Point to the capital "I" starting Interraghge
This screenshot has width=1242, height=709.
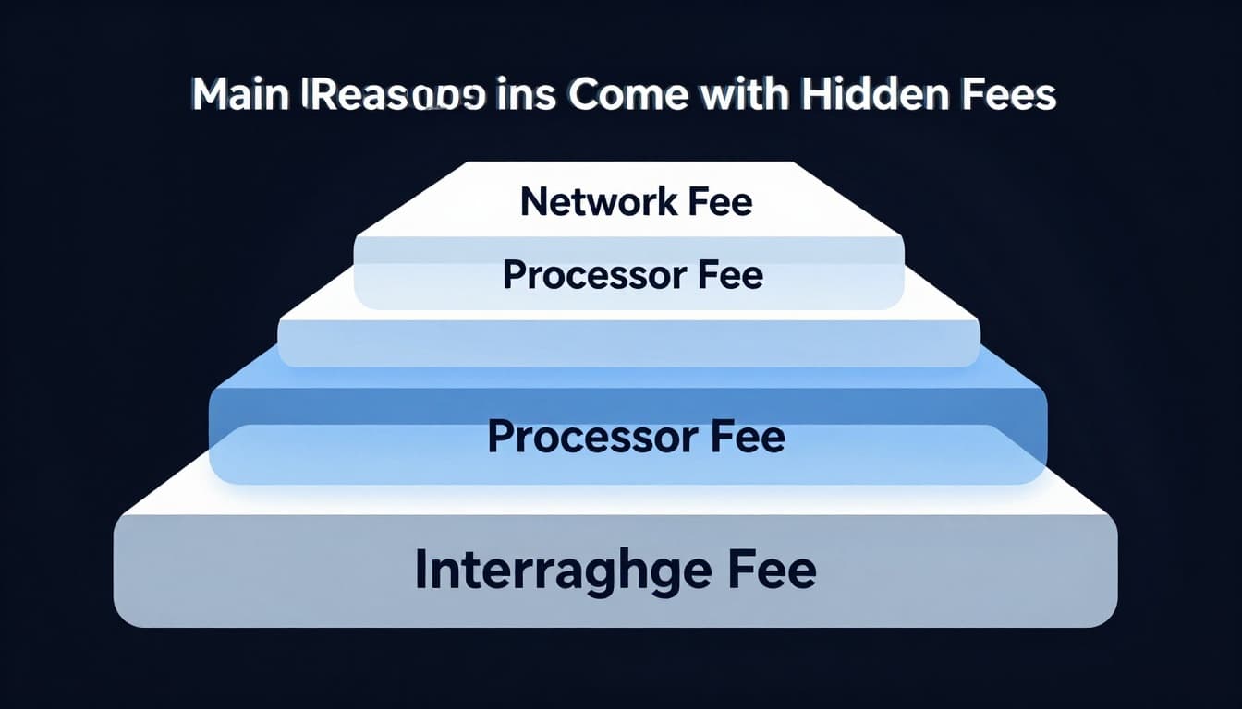(420, 570)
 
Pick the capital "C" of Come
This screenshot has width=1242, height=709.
(585, 95)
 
